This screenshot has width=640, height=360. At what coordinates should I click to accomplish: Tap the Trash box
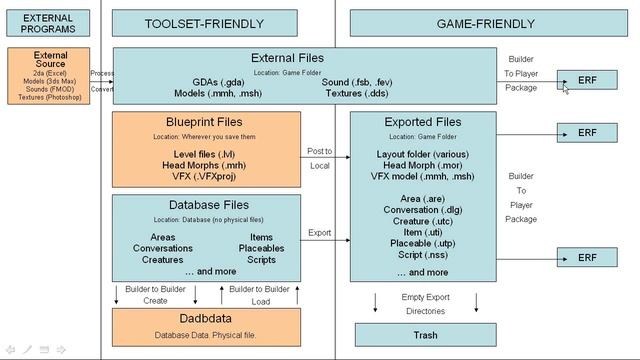click(424, 335)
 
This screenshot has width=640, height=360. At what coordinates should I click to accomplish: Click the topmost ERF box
click(587, 79)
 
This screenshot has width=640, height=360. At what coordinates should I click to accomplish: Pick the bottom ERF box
click(587, 258)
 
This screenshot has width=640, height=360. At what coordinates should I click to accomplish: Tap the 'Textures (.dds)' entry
click(358, 92)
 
